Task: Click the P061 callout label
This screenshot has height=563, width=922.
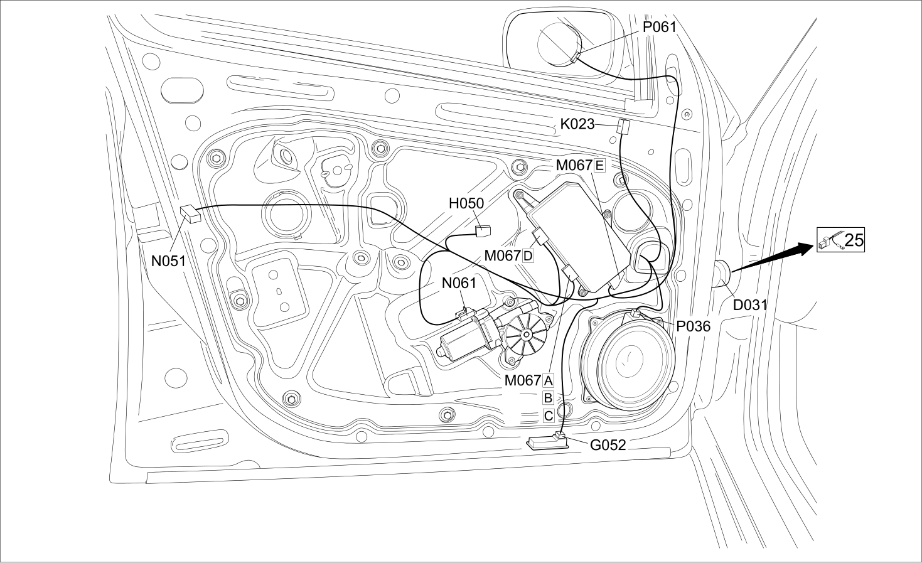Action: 660,27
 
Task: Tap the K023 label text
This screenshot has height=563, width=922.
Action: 577,124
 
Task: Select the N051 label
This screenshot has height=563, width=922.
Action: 168,261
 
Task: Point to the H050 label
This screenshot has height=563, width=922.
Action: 466,203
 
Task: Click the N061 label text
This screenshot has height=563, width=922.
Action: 459,283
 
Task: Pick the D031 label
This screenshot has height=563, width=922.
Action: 751,305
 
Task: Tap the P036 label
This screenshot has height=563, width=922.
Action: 694,326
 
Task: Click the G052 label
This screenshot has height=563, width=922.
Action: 608,445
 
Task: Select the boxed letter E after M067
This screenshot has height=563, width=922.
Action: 599,166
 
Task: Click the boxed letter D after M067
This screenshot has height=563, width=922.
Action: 528,256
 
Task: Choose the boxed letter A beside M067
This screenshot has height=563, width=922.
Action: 549,381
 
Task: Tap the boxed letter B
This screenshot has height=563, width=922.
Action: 549,399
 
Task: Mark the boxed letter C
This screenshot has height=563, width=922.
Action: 549,416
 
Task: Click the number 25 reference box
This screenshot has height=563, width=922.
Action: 841,240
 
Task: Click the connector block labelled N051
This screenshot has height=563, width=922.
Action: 191,214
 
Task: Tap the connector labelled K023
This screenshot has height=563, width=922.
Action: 624,126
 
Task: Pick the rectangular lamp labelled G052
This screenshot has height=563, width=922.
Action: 547,444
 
